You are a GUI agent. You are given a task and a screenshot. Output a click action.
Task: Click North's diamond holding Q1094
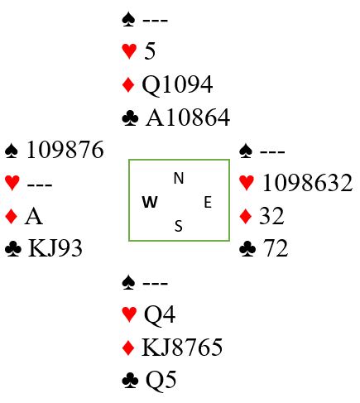[x=177, y=85]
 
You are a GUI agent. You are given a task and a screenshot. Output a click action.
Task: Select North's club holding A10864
[x=188, y=118]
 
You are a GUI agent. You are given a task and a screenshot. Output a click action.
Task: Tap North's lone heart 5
[x=150, y=51]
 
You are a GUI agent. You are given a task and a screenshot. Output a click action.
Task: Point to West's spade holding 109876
[x=65, y=150]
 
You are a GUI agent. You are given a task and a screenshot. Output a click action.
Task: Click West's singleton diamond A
[x=34, y=217]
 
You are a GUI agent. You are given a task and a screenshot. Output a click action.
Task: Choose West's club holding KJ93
[x=55, y=248]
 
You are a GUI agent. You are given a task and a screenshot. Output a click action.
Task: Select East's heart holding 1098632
[x=307, y=183]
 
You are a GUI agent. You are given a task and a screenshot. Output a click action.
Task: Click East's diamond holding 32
[x=271, y=216]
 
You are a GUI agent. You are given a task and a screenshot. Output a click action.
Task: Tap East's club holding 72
[x=276, y=248]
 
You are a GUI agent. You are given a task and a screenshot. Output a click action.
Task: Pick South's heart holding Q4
[x=160, y=315]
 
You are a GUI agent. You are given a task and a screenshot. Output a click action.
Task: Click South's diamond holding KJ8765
[x=182, y=347]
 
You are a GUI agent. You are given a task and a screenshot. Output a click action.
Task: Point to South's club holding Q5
[x=161, y=381]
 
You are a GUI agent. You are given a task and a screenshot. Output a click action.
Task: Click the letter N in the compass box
[x=179, y=178]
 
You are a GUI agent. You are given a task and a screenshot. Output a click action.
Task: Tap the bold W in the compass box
[x=150, y=202]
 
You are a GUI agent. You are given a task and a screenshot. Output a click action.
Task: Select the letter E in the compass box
[x=208, y=202]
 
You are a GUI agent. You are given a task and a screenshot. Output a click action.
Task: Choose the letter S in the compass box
[x=179, y=226]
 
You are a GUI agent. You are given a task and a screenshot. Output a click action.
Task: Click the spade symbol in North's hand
[x=128, y=20]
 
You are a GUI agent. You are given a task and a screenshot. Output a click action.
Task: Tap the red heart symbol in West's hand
[x=12, y=183]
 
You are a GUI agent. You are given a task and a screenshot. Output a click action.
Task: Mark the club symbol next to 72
[x=247, y=249]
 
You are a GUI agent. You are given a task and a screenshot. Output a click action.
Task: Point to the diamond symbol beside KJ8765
[x=128, y=348]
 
